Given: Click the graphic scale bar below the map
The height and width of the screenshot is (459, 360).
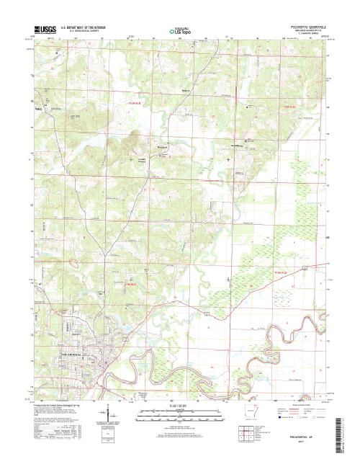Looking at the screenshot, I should [179, 414].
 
